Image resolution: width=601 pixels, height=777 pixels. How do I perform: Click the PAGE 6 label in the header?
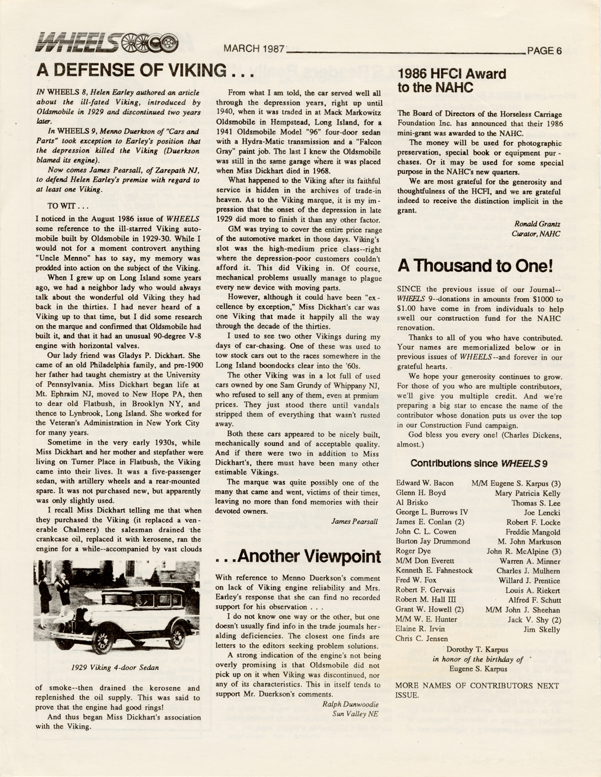544,50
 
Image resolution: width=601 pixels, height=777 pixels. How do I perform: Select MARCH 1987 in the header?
254,49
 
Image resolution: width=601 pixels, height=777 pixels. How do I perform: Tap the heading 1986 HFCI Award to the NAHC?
451,80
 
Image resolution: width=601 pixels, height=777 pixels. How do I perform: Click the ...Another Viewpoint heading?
298,556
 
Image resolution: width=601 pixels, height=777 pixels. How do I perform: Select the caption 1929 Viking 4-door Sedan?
115,667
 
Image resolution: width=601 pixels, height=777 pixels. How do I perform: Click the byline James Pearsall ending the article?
354,521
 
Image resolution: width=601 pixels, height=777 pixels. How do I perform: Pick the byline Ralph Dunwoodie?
350,704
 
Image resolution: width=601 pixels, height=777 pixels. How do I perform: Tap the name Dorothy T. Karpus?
477,649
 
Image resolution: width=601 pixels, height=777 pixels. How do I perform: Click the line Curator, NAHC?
535,234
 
